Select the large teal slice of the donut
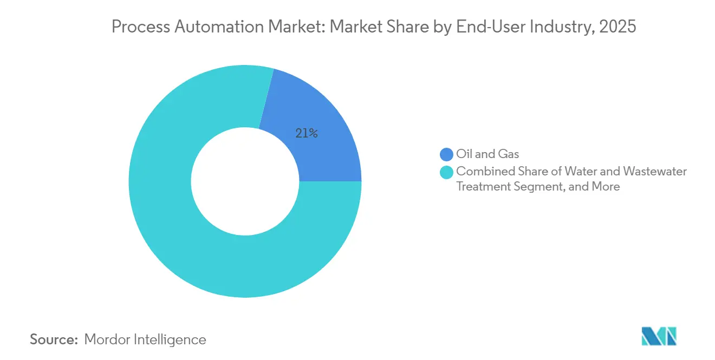pyautogui.click(x=179, y=233)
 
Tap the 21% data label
pyautogui.click(x=306, y=133)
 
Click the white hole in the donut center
pyautogui.click(x=245, y=181)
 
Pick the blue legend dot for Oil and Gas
pyautogui.click(x=446, y=155)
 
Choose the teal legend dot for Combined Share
pyautogui.click(x=446, y=172)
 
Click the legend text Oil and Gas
pyautogui.click(x=487, y=155)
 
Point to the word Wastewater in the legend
pyautogui.click(x=655, y=172)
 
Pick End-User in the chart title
pyautogui.click(x=497, y=27)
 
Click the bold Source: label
pyautogui.click(x=54, y=339)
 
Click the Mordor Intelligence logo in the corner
pyautogui.click(x=659, y=336)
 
